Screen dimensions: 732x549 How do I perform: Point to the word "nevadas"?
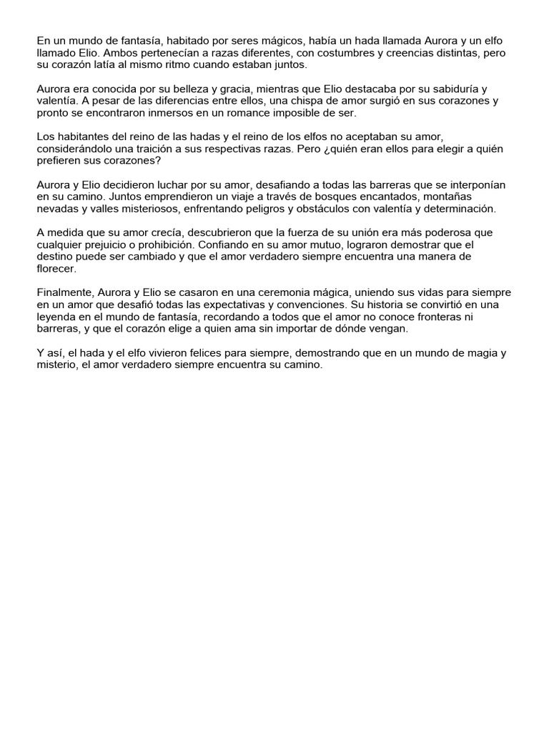click(59, 208)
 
